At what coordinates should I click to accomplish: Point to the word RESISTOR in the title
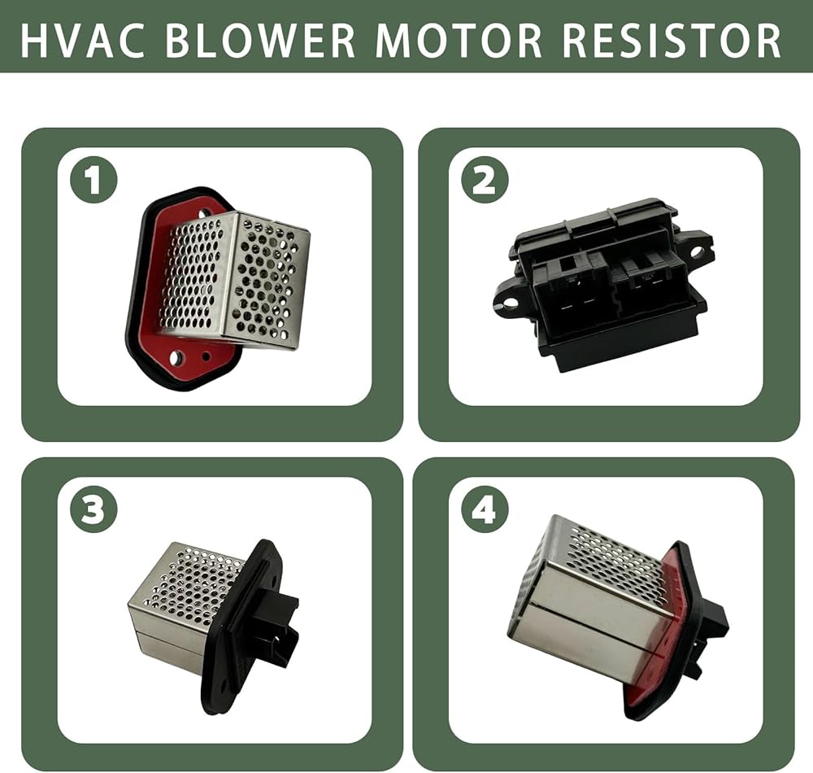pos(672,40)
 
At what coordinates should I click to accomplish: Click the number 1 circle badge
pos(93,180)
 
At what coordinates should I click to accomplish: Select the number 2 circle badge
pos(485,180)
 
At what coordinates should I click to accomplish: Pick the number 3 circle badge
pos(93,510)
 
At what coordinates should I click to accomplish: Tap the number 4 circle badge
pos(485,510)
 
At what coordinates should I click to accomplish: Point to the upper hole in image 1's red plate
pos(206,212)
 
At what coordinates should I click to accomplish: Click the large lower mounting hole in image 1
pos(176,357)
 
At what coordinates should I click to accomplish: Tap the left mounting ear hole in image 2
pos(509,301)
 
